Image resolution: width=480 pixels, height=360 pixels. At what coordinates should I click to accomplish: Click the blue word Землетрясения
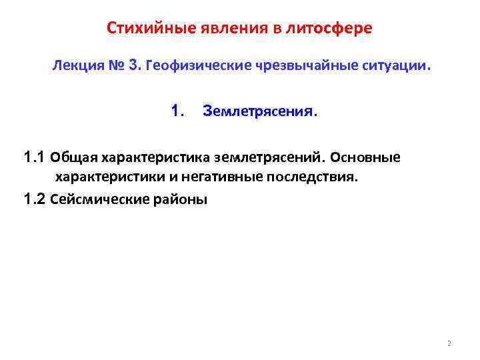(x=260, y=112)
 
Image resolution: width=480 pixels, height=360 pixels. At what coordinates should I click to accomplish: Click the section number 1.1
(x=34, y=158)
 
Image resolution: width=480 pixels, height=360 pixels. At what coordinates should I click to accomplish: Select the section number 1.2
(x=34, y=199)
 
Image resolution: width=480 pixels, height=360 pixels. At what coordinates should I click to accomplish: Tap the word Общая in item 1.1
(x=74, y=158)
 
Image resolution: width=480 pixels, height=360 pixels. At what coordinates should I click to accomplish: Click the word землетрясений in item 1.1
(x=268, y=158)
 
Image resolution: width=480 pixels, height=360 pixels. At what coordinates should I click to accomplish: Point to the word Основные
(x=366, y=158)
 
